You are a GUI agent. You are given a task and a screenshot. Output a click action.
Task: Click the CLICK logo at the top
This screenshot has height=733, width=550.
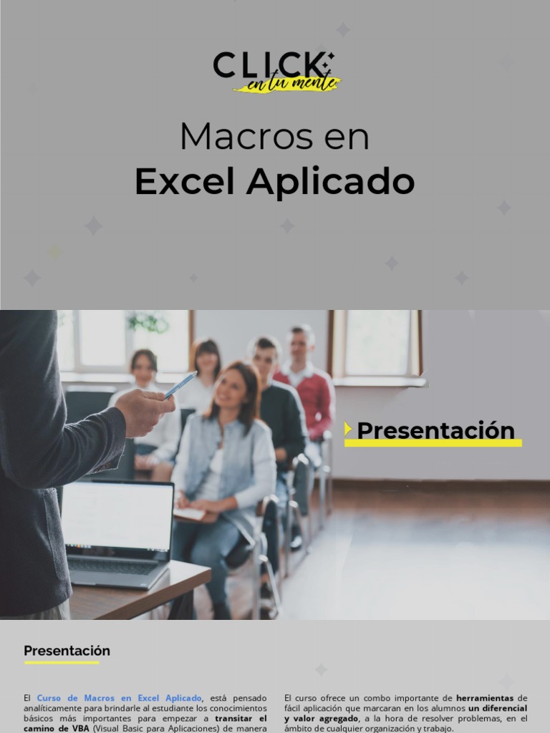click(273, 65)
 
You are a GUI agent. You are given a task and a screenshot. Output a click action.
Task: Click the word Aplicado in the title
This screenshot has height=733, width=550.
click(330, 182)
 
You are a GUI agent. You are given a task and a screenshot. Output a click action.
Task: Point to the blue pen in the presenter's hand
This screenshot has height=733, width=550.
click(180, 384)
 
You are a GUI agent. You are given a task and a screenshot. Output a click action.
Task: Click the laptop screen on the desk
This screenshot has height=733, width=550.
click(118, 515)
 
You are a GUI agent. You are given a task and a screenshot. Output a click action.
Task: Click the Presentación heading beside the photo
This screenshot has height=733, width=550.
click(435, 430)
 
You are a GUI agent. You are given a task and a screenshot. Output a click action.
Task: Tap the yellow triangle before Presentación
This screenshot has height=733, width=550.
click(348, 429)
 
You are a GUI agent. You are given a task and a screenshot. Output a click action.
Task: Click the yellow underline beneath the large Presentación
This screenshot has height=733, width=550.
click(433, 444)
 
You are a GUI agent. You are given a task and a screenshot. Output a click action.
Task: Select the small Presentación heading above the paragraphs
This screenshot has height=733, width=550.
click(67, 651)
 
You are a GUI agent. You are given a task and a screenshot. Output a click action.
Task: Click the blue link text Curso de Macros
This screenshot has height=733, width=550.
click(119, 698)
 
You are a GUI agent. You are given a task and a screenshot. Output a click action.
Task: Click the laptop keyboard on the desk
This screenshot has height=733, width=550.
click(115, 565)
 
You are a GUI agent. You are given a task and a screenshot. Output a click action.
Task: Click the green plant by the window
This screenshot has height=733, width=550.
click(148, 323)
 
